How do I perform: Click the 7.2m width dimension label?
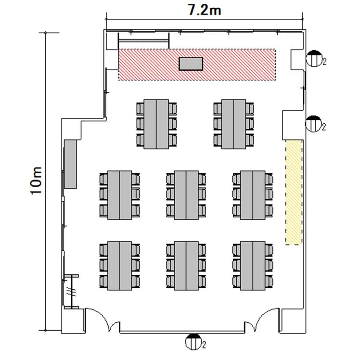tap(205, 10)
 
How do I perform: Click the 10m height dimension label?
tap(36, 180)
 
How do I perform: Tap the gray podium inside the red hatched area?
tap(191, 64)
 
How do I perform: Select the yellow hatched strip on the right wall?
tap(294, 193)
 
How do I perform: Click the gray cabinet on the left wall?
tap(70, 164)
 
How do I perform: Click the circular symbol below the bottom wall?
tap(193, 342)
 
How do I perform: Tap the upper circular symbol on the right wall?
tap(314, 58)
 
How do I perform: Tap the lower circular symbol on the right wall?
tap(313, 124)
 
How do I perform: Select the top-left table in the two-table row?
tap(156, 124)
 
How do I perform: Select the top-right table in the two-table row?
tap(234, 124)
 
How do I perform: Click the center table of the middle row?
tap(186, 195)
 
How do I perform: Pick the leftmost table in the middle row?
tap(120, 195)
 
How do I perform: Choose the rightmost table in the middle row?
tap(253, 195)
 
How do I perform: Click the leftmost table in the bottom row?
tap(120, 266)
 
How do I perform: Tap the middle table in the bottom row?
tap(186, 266)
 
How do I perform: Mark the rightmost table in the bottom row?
tap(253, 266)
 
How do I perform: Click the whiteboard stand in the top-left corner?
tap(144, 40)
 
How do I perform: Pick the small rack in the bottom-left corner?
tap(71, 292)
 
